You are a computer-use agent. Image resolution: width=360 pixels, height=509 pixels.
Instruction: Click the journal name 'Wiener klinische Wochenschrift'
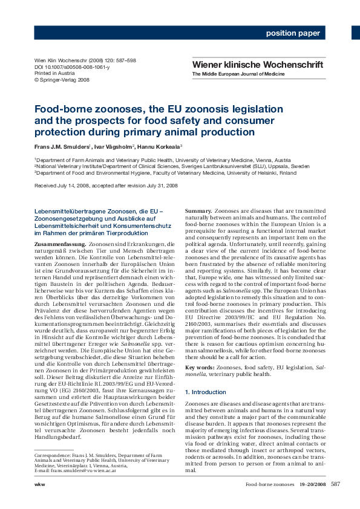pos(257,64)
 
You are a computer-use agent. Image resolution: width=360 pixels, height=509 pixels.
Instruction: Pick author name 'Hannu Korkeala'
pos(155,147)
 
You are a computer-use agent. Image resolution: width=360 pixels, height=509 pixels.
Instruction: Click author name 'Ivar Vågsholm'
pos(111,147)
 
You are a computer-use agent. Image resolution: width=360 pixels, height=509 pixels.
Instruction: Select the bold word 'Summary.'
pos(198,210)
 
